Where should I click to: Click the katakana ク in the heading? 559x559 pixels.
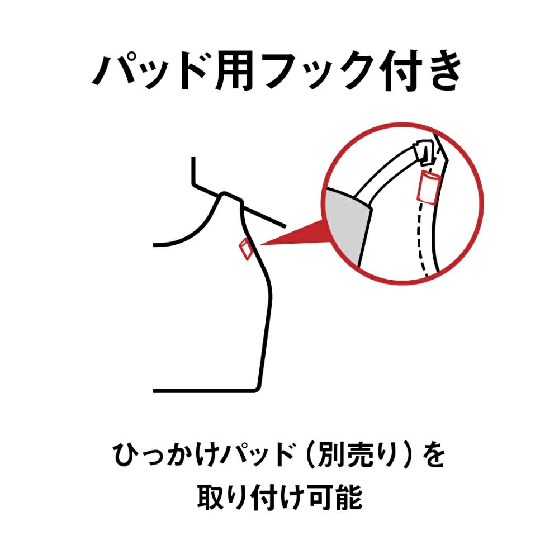pyautogui.click(x=340, y=71)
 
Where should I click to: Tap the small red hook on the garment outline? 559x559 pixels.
pyautogui.click(x=244, y=249)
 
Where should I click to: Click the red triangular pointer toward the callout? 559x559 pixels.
pyautogui.click(x=296, y=235)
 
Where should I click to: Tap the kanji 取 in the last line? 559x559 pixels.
pyautogui.click(x=211, y=497)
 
